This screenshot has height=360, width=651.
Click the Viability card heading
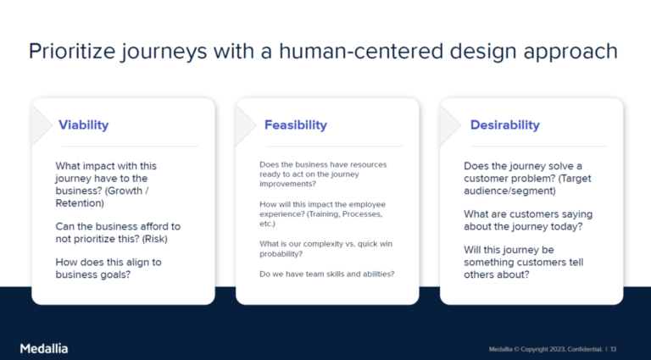point(83,125)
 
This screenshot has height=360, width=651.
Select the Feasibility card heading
point(295,125)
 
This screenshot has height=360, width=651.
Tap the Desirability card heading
point(504,125)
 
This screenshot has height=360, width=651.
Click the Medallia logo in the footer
point(44,348)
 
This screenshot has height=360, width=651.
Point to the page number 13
point(613,349)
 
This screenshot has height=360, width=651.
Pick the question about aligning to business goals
point(108,268)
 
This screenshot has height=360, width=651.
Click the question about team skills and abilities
point(326,274)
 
